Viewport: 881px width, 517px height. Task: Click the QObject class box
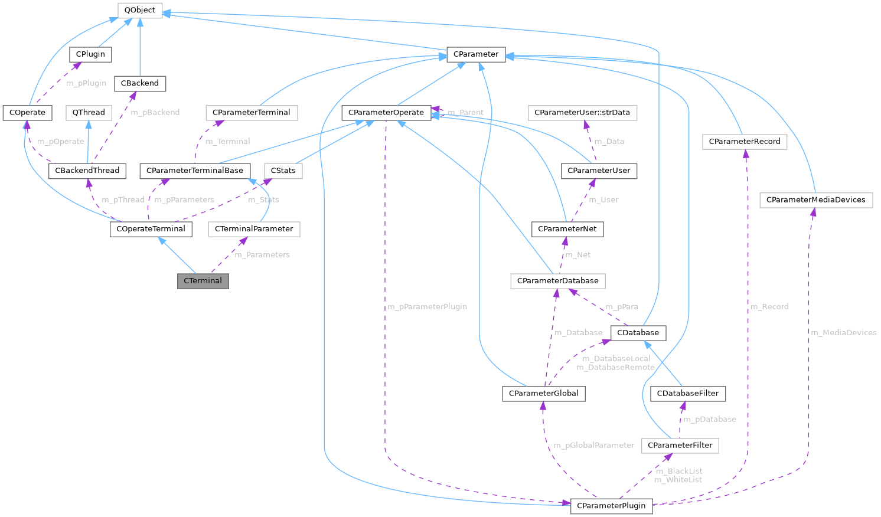pyautogui.click(x=140, y=10)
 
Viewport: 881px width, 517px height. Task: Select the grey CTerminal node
pyautogui.click(x=203, y=281)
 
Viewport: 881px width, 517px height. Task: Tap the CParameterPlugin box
pyautogui.click(x=611, y=506)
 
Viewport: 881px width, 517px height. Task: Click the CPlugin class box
pyautogui.click(x=90, y=54)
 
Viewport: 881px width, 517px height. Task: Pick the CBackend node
pyautogui.click(x=140, y=83)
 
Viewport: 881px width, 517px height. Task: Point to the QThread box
pyautogui.click(x=89, y=112)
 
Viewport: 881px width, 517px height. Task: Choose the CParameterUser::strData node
pyautogui.click(x=582, y=112)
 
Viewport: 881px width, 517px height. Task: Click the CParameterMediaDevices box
pyautogui.click(x=815, y=199)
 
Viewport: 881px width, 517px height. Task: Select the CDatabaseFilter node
pyautogui.click(x=687, y=393)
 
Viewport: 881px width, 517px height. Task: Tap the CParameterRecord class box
pyautogui.click(x=744, y=142)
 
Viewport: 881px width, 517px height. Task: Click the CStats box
pyautogui.click(x=283, y=171)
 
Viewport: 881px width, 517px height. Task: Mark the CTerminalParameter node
pyautogui.click(x=254, y=228)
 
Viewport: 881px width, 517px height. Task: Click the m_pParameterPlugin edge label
pyautogui.click(x=427, y=307)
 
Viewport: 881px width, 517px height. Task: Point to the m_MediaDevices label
pyautogui.click(x=843, y=333)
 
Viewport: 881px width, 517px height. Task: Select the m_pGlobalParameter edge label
pyautogui.click(x=593, y=445)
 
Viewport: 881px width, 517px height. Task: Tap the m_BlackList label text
pyautogui.click(x=679, y=471)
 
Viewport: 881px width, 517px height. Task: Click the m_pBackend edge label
pyautogui.click(x=155, y=112)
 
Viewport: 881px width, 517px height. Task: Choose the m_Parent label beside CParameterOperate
pyautogui.click(x=465, y=112)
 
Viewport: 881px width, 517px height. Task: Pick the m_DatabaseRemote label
pyautogui.click(x=615, y=367)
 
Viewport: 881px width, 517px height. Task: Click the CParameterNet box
pyautogui.click(x=567, y=228)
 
